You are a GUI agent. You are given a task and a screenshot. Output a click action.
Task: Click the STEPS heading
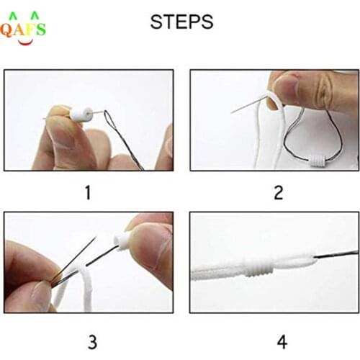[181, 22]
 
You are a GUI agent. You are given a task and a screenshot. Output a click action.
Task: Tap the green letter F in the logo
[28, 30]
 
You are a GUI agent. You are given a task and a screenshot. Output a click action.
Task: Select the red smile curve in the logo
[23, 42]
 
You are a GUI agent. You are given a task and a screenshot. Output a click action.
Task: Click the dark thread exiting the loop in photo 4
[338, 253]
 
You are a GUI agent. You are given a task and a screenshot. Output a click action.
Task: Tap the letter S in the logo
[40, 30]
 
